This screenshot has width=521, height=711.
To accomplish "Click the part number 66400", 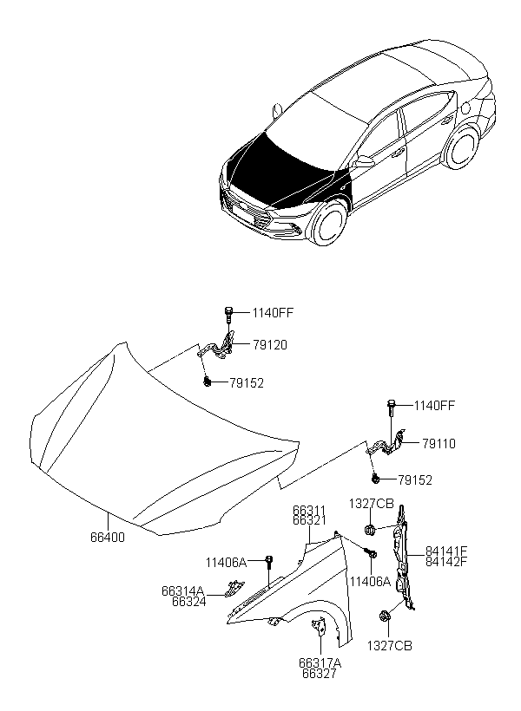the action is (x=108, y=537).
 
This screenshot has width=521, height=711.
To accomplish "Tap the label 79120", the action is (x=270, y=345).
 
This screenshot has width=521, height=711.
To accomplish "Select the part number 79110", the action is (x=439, y=443).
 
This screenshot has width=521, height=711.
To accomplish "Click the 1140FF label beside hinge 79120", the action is (x=273, y=313).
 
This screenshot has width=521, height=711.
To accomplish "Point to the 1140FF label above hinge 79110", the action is (x=434, y=406).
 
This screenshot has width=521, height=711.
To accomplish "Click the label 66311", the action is (x=309, y=512).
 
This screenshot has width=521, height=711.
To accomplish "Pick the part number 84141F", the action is (x=446, y=551).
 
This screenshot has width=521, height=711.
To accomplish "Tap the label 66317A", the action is (x=320, y=663).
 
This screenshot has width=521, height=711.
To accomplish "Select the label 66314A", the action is (x=182, y=591).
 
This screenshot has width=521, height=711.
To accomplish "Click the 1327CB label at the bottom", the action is (x=390, y=646).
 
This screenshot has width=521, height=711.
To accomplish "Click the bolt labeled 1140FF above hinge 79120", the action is (x=228, y=314).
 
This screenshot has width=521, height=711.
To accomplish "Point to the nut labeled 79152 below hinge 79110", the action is (x=376, y=478).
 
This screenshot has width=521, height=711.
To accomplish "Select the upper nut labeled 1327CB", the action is (x=370, y=529).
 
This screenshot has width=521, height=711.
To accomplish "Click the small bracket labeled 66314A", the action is (x=234, y=588).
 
